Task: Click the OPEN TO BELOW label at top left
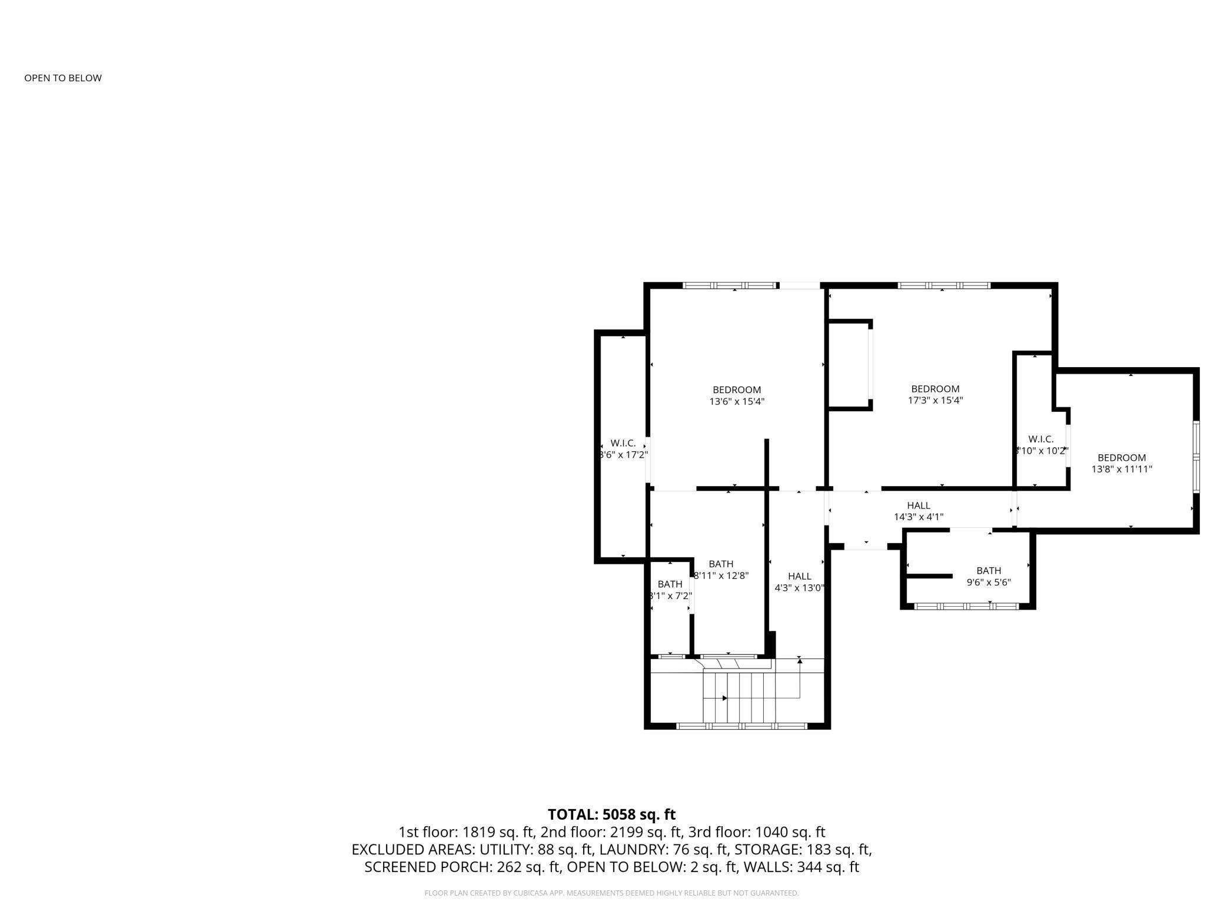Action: pyautogui.click(x=63, y=78)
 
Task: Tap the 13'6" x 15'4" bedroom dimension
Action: pyautogui.click(x=737, y=402)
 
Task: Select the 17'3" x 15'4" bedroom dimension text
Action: pyautogui.click(x=935, y=401)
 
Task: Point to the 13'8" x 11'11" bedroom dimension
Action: pyautogui.click(x=1122, y=470)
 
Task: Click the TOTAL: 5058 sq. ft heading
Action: pyautogui.click(x=611, y=814)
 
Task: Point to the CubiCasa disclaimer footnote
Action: pyautogui.click(x=611, y=893)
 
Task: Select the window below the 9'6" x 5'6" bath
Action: pyautogui.click(x=966, y=606)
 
